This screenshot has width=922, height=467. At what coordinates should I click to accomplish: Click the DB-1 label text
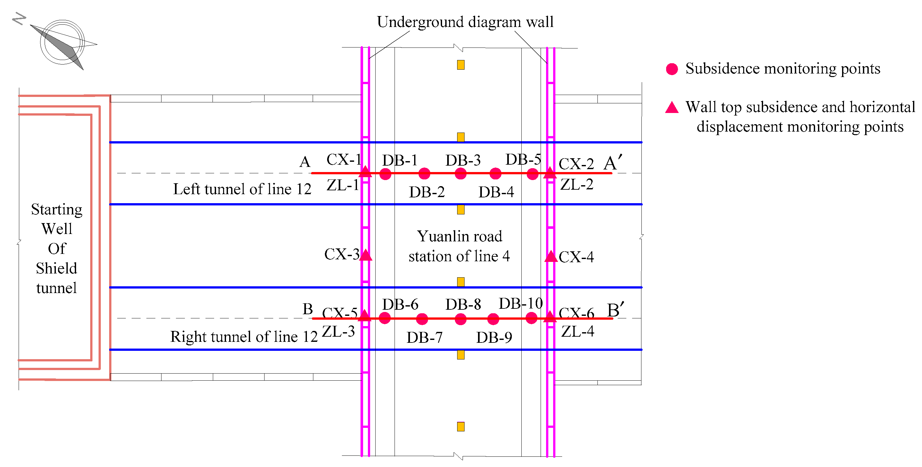click(x=399, y=160)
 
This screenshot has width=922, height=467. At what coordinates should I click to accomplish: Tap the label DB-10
click(x=520, y=304)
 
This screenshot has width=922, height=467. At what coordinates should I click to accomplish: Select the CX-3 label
click(x=342, y=255)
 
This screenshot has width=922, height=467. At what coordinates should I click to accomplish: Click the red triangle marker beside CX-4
click(x=551, y=256)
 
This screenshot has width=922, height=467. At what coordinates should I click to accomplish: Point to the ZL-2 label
click(x=577, y=185)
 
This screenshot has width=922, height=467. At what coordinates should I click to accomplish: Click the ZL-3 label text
click(x=338, y=331)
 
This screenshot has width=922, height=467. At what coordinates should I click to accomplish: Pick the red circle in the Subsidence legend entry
click(x=672, y=69)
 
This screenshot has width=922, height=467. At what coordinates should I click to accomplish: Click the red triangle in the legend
click(x=672, y=107)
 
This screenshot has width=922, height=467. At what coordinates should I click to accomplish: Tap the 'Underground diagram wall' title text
click(x=465, y=22)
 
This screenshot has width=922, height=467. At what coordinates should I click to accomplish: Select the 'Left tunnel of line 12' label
click(x=242, y=189)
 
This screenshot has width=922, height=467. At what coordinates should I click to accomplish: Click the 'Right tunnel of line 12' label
click(x=244, y=337)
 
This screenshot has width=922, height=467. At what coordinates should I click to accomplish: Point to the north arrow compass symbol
click(x=63, y=43)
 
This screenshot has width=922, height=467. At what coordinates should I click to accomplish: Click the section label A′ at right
click(x=613, y=163)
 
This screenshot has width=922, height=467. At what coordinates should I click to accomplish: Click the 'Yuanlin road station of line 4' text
click(x=459, y=246)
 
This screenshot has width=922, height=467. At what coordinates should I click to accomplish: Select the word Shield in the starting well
click(x=56, y=268)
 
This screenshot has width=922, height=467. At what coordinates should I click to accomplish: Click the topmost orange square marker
click(x=461, y=65)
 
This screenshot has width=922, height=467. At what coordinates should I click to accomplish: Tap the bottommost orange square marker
click(x=461, y=427)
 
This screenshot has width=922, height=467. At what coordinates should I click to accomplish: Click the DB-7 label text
click(x=424, y=337)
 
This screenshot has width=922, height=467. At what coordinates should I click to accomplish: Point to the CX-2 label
click(x=576, y=164)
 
